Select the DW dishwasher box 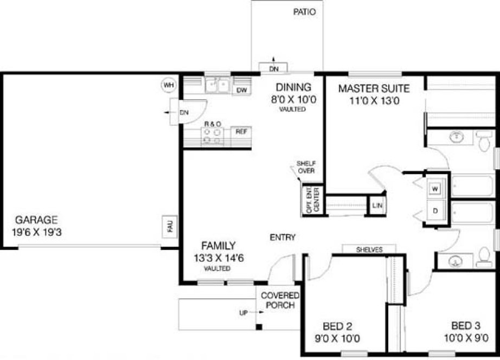point(242,90)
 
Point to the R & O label point(213,124)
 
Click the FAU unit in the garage point(170,228)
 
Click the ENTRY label point(283,237)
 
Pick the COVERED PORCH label point(280,300)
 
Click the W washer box point(435,189)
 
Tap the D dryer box point(435,210)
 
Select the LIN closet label point(377,206)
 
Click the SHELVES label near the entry point(369,250)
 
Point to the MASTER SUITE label point(374,88)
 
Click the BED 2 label point(337,326)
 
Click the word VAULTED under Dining point(293,109)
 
